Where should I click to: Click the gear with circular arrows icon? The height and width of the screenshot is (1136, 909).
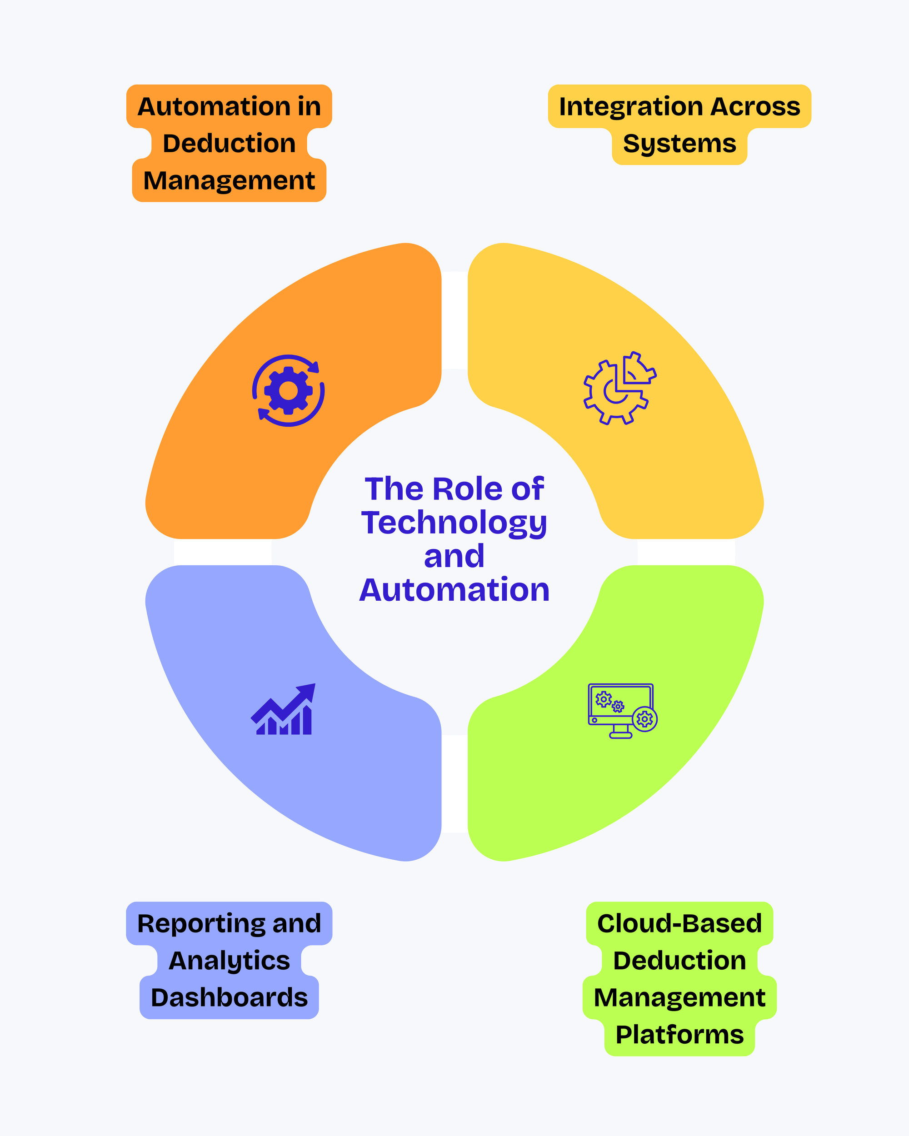[288, 390]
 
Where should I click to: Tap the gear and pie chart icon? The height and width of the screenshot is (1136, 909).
[619, 389]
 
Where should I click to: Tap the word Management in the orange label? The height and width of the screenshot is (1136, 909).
[229, 181]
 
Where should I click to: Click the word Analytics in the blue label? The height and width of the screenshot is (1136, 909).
[229, 961]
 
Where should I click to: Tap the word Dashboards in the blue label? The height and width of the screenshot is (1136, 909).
[229, 997]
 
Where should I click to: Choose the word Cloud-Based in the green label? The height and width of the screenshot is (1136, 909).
[679, 924]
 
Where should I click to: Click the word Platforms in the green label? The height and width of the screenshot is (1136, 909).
[679, 1034]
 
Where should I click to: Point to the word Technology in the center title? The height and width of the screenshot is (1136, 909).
[454, 523]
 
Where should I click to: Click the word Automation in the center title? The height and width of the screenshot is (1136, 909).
[454, 590]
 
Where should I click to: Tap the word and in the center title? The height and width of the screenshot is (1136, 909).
[454, 556]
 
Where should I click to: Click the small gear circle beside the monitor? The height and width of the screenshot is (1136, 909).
[644, 719]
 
